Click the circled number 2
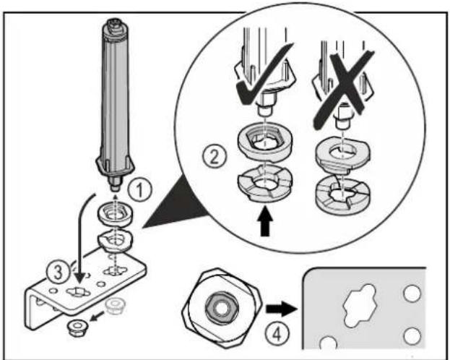click(215, 157)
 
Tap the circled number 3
click(59, 272)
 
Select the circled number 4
click(277, 334)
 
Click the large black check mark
click(264, 75)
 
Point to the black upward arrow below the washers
click(266, 224)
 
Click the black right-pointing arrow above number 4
click(281, 309)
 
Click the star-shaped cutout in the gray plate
click(359, 305)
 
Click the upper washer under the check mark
click(265, 142)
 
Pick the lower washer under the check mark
click(265, 184)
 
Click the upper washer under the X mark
click(342, 155)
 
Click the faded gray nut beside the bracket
click(115, 306)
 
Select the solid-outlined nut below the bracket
click(77, 327)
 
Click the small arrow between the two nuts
click(97, 317)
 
